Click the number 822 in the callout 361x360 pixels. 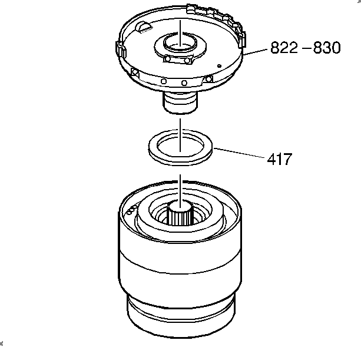284,48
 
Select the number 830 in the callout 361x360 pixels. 327,48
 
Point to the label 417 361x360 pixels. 280,159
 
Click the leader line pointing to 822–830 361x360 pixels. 255,52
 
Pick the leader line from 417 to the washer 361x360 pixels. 239,153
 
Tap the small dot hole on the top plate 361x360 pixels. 220,66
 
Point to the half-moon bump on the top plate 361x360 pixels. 143,27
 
